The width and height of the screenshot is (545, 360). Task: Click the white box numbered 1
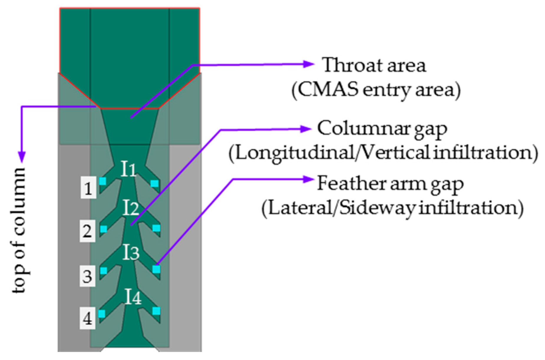(88, 188)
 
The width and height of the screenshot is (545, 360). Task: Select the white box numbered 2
(87, 231)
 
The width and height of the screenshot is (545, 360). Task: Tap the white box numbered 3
(87, 276)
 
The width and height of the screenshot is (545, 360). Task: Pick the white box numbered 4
(87, 318)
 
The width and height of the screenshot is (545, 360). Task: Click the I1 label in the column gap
(128, 169)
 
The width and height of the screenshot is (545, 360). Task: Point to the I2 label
(131, 208)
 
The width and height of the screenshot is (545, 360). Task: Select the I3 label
(131, 252)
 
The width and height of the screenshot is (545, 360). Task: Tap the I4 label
(133, 296)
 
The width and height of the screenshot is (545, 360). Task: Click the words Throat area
(374, 65)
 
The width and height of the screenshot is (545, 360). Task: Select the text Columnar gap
(382, 129)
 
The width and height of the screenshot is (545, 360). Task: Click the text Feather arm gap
(390, 184)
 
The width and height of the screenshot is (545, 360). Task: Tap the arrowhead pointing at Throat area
(309, 64)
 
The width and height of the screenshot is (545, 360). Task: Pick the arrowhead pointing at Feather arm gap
(308, 179)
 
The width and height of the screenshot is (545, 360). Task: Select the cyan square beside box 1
(103, 181)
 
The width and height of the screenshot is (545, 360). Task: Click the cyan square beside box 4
(102, 314)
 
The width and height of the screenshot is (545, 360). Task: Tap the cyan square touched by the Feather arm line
(156, 269)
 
